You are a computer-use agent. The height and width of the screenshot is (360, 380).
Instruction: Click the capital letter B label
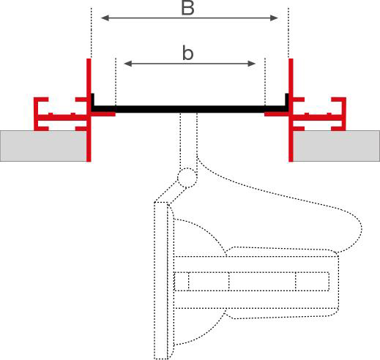(x=187, y=8)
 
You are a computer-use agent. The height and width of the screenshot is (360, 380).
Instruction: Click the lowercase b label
(x=187, y=53)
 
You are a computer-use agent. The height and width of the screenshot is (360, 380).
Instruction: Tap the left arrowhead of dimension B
(x=105, y=18)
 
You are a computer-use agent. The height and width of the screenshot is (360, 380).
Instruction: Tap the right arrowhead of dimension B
(x=274, y=18)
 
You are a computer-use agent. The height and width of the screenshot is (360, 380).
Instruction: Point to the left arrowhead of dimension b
(x=128, y=64)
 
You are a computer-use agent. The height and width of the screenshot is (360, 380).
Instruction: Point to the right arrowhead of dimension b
(x=251, y=64)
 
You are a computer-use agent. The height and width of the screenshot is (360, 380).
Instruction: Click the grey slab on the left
(x=43, y=146)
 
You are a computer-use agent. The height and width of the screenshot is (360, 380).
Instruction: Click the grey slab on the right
(x=336, y=146)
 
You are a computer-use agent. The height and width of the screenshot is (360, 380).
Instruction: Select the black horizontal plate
(x=190, y=109)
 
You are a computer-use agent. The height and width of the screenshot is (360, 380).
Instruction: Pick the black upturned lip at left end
(x=93, y=100)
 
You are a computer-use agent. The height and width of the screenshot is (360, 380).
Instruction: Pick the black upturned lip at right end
(x=287, y=100)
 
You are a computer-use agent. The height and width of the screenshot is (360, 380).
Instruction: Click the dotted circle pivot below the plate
(x=187, y=178)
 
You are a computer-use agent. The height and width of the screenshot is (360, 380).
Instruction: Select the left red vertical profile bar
(x=89, y=110)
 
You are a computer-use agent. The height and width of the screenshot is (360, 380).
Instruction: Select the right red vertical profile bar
(x=291, y=110)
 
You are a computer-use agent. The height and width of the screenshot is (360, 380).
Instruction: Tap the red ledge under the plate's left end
(x=103, y=114)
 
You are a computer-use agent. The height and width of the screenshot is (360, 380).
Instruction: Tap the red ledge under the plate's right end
(x=277, y=114)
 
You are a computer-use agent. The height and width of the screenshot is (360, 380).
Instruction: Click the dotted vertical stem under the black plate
(x=188, y=140)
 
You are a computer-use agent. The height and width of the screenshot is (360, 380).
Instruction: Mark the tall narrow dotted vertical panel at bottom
(x=161, y=280)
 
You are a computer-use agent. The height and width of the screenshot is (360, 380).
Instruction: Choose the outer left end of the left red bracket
(x=36, y=114)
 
